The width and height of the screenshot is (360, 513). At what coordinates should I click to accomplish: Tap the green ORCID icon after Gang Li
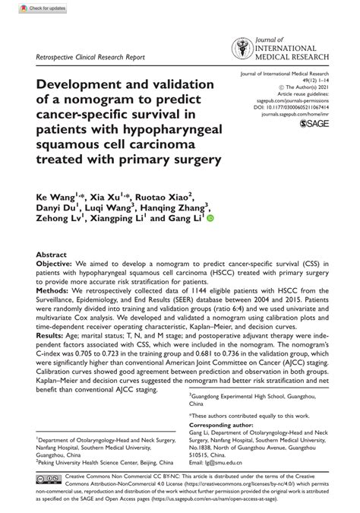pos(210,217)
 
